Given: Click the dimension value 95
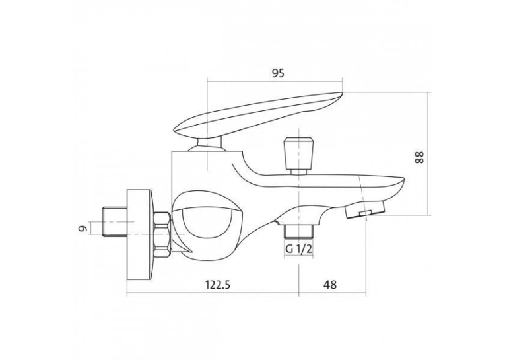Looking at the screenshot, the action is point(279,73).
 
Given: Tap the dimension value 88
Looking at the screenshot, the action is point(420,157).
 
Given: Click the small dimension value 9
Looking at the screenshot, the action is point(83,228).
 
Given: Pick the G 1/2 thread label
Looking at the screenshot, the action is point(299,249).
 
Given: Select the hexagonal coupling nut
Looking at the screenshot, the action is point(162,234).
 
